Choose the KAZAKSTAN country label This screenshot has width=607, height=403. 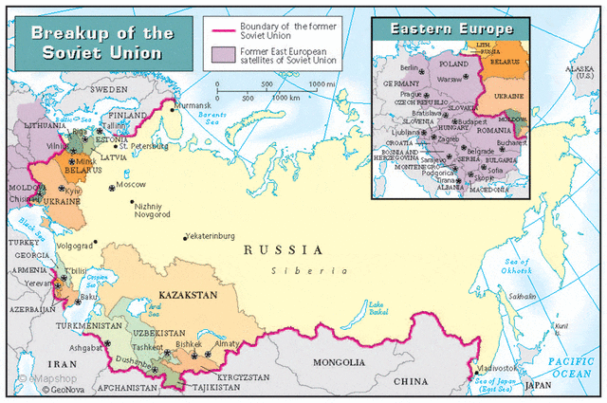point(189,294)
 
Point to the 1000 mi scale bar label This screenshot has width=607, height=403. point(320,84)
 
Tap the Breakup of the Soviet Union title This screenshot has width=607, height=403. point(102,42)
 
